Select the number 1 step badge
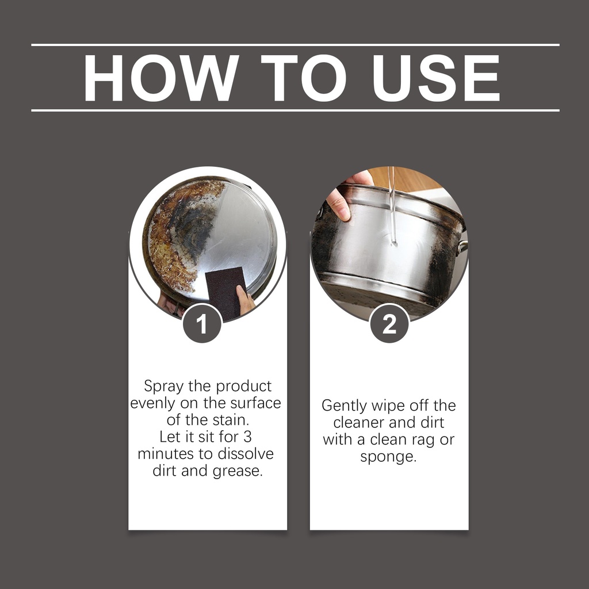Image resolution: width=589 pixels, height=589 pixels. coord(202,323)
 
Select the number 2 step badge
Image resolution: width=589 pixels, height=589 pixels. coord(389,323)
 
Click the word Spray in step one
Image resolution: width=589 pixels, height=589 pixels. coord(164,387)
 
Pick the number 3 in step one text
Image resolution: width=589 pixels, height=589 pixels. coord(247,437)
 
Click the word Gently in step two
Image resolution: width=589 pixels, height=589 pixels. coord(344,406)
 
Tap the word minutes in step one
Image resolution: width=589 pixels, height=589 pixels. coord(164,453)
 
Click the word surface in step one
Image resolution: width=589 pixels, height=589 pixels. coord(255,403)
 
